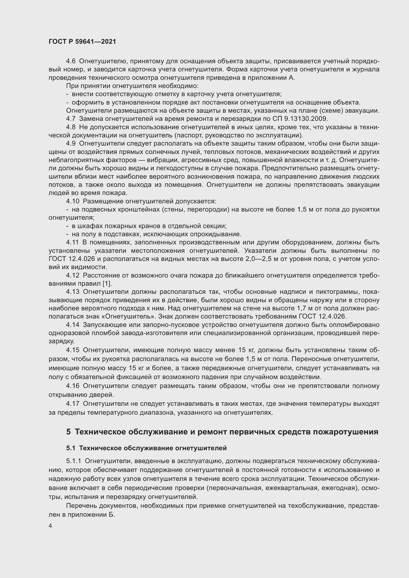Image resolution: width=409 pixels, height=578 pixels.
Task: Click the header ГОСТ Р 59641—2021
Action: click(82, 42)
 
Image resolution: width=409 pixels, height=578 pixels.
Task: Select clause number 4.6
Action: click(70, 61)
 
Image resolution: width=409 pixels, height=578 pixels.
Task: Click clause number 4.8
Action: click(70, 127)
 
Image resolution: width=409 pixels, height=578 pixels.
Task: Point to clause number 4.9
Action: click(70, 144)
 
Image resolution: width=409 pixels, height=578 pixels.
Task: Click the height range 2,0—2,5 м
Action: click(261, 259)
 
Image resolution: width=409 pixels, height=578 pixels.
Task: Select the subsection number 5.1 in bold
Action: click(71, 448)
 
